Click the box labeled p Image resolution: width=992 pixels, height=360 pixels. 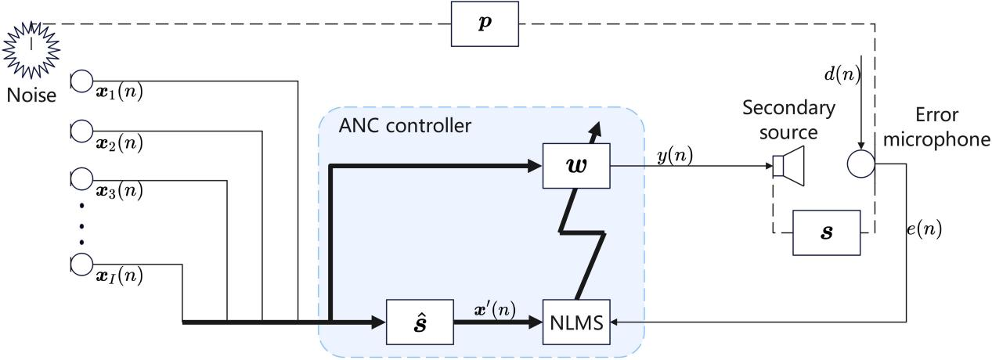[485, 24]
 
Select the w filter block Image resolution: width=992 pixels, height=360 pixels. [576, 166]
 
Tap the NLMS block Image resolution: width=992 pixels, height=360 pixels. [576, 322]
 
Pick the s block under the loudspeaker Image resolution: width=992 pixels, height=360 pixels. [826, 232]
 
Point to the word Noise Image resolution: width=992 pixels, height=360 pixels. [30, 95]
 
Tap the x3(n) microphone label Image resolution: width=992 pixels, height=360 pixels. [117, 190]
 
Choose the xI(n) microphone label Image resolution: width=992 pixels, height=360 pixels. [117, 275]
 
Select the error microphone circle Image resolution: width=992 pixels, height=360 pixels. [860, 165]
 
